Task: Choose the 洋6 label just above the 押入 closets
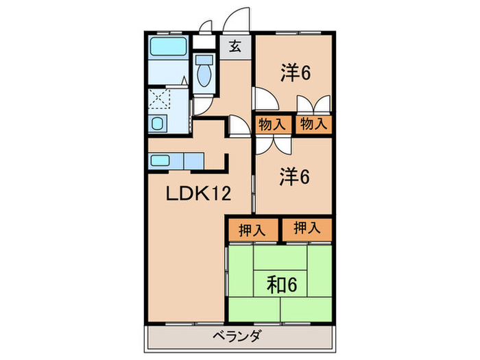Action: tap(295, 177)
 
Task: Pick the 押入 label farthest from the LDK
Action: tap(306, 229)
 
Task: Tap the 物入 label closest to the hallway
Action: tap(272, 125)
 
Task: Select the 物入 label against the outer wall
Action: tap(315, 125)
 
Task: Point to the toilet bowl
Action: tap(204, 75)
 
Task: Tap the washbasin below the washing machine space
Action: tap(158, 124)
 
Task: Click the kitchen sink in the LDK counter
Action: tap(160, 161)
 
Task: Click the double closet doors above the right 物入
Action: tap(314, 105)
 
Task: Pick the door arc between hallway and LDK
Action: tap(238, 126)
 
